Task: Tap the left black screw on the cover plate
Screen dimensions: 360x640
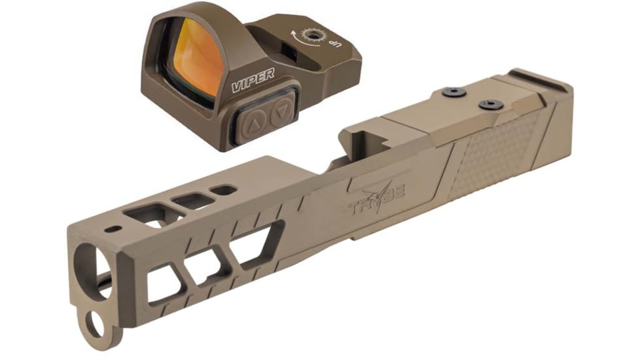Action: pyautogui.click(x=450, y=94)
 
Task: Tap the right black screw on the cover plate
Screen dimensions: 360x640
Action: pyautogui.click(x=488, y=104)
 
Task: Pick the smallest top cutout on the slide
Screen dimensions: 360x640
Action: pyautogui.click(x=224, y=190)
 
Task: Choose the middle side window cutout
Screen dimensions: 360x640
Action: pyautogui.click(x=207, y=263)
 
